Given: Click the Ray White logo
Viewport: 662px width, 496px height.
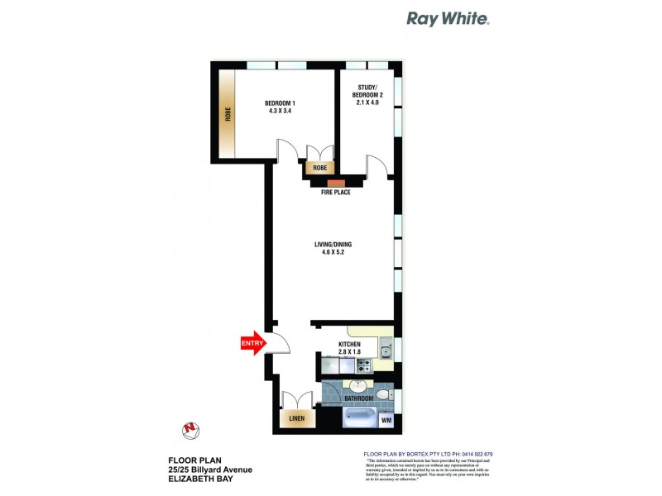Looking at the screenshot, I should point(447,18).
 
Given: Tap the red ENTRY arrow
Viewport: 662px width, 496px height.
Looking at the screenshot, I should point(252,342).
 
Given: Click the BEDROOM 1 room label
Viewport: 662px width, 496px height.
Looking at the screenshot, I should point(281,107).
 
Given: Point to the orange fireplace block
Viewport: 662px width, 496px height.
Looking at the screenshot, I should point(335,184).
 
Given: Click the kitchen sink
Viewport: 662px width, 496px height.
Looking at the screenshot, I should point(386,353).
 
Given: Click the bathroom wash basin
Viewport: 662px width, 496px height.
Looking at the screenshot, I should point(359,387).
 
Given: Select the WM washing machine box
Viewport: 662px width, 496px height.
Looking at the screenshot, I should point(386,421).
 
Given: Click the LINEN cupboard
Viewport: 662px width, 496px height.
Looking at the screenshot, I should point(296,419).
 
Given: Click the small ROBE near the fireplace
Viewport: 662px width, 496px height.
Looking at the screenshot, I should point(319,168).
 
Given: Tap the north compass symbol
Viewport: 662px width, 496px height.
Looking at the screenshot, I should point(190,429).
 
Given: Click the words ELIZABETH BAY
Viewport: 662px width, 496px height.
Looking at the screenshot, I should point(199,479).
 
